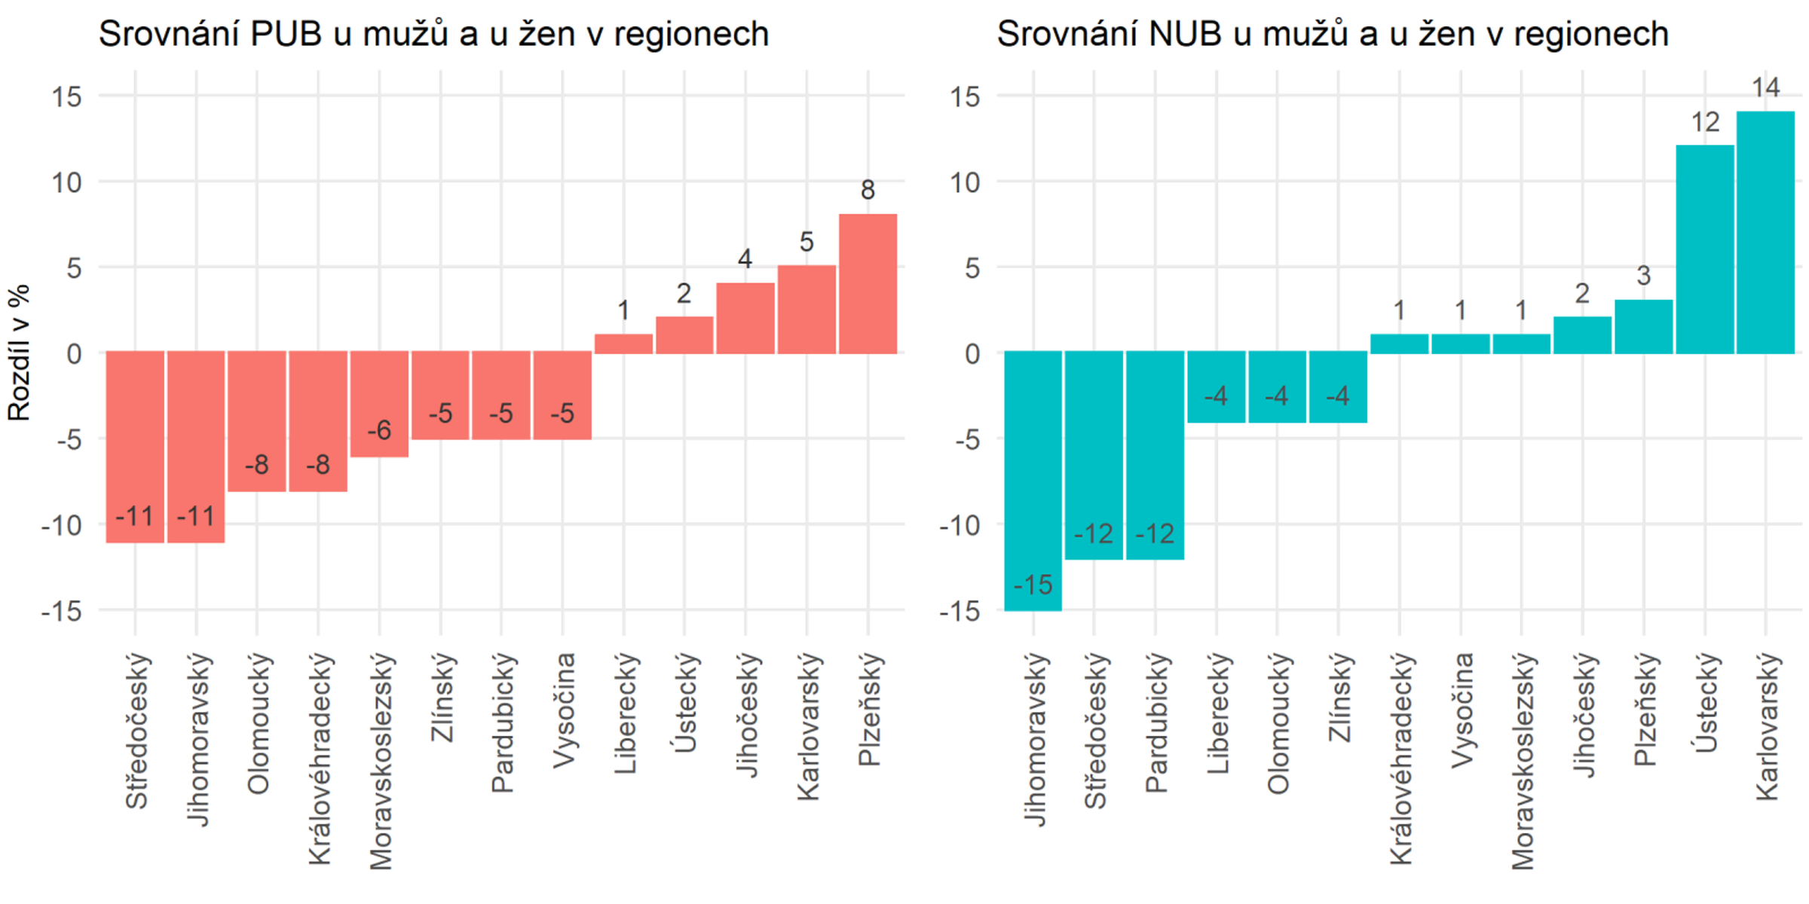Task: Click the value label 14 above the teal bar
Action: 1765,88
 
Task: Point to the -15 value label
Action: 1033,585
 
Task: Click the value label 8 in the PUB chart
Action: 868,191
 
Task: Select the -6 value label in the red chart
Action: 379,431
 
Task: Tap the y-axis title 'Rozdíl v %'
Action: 20,353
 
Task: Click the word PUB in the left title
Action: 286,35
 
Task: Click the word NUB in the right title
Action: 1185,35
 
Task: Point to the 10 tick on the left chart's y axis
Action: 66,182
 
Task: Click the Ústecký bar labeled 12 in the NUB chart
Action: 1704,249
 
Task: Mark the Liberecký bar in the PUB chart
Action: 623,344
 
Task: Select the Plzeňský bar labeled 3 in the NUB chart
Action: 1643,327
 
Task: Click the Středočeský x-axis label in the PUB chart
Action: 137,731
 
